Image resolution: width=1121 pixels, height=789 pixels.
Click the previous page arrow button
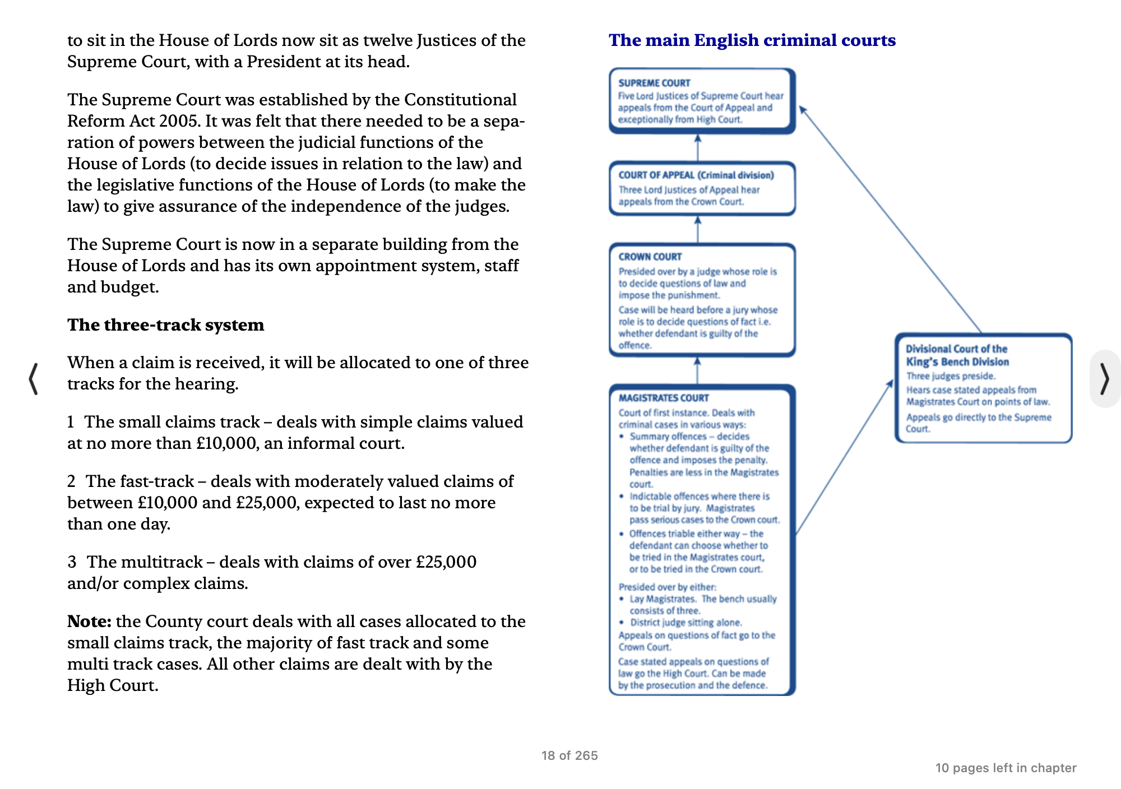(x=34, y=379)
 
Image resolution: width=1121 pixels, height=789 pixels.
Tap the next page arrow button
(x=1104, y=379)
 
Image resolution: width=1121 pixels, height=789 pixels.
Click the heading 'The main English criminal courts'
(x=752, y=40)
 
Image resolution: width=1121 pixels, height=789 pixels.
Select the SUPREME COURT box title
(x=654, y=83)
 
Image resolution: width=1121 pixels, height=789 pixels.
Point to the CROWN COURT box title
(x=650, y=257)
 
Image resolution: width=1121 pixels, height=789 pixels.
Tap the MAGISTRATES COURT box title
(x=664, y=398)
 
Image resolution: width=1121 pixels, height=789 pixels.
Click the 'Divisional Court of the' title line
(x=956, y=349)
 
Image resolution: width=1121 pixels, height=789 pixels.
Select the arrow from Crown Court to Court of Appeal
(x=698, y=229)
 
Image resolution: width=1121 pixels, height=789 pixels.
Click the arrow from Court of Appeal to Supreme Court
(x=698, y=148)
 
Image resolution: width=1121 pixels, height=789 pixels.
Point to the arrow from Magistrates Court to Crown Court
(x=698, y=370)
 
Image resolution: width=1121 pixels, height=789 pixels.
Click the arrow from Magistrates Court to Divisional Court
(x=844, y=457)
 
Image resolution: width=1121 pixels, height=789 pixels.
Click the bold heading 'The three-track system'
(x=165, y=325)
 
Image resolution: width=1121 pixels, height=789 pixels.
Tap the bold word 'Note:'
(x=89, y=621)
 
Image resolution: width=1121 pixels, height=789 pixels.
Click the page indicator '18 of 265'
(x=569, y=755)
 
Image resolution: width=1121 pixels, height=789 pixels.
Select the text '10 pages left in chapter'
(x=1006, y=768)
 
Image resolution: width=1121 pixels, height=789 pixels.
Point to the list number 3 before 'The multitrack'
(x=72, y=562)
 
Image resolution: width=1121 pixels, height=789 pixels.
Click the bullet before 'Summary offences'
(x=622, y=437)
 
